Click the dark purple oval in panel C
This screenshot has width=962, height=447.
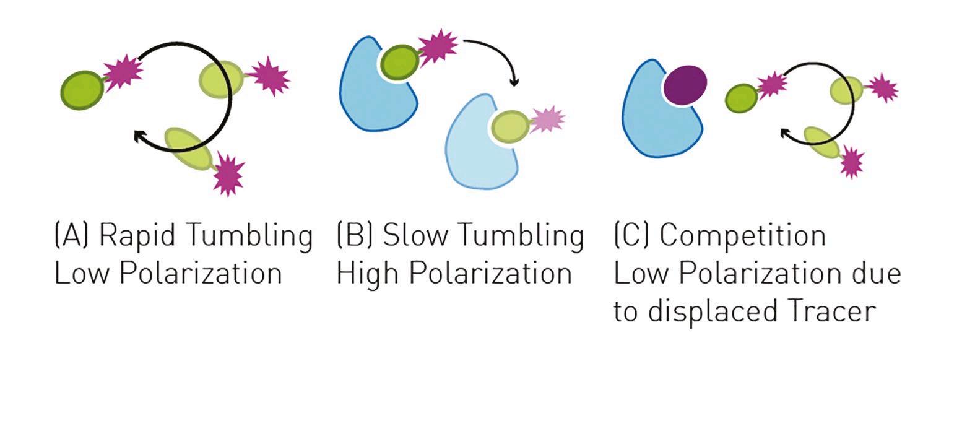tap(685, 85)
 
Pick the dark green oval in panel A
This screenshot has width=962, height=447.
tap(82, 90)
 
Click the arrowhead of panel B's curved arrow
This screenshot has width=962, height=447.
tap(514, 82)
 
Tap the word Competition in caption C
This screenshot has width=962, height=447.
tap(743, 236)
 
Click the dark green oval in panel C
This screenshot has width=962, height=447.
tap(742, 98)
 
